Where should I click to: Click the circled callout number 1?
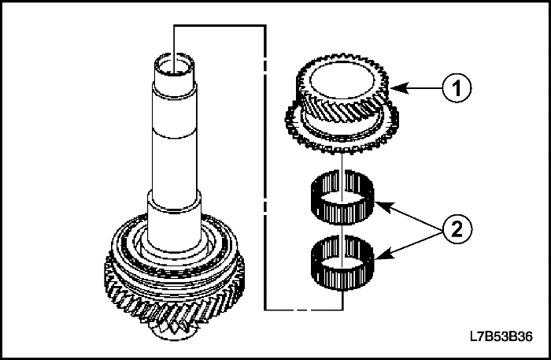pos(457,88)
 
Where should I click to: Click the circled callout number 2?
pos(457,229)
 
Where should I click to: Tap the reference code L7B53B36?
pos(501,336)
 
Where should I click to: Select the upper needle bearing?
pos(342,197)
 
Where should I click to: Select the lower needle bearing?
pos(342,263)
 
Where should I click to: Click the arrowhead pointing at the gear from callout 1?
pos(399,88)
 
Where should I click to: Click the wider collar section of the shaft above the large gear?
pos(174,221)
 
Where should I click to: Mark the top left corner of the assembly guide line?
pos(174,25)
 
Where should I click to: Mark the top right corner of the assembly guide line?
pos(265,25)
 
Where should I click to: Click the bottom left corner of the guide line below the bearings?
pos(265,310)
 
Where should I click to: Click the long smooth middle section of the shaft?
pos(174,141)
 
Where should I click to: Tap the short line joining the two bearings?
pos(342,230)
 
